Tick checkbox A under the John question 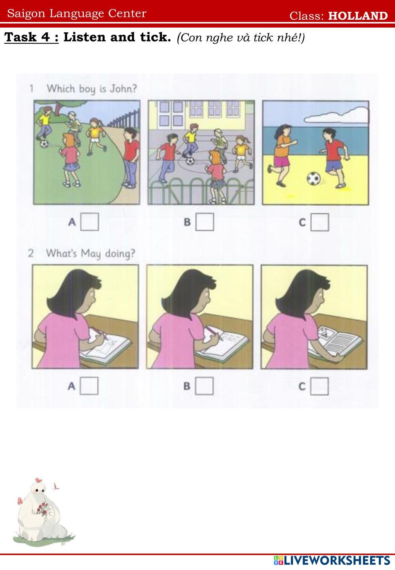[x=90, y=221]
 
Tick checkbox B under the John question [x=205, y=221]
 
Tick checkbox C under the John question [x=320, y=222]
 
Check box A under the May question [x=89, y=386]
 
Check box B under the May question [x=204, y=386]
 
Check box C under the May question [x=320, y=386]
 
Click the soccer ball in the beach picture [x=313, y=178]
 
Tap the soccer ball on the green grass [x=44, y=144]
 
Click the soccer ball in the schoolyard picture [x=190, y=161]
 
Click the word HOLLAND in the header [x=357, y=16]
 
